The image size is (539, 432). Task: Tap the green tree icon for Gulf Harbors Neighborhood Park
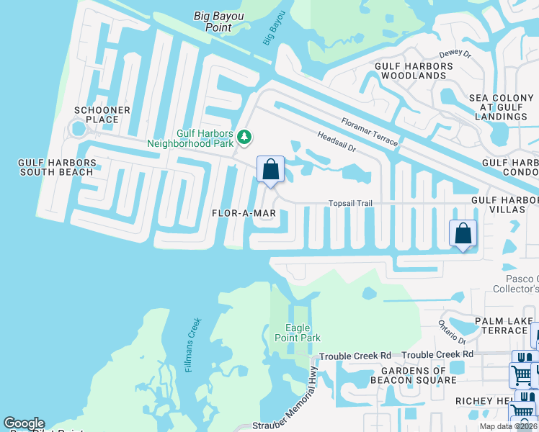[244, 136]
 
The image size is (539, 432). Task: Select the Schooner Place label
[102, 115]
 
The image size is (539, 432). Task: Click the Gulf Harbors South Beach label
[56, 168]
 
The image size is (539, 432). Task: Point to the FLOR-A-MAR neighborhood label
[244, 214]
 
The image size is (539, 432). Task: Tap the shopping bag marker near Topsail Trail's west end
[270, 171]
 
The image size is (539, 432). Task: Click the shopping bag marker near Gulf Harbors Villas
[463, 234]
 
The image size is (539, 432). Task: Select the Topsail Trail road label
[350, 204]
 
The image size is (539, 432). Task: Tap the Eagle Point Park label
[298, 333]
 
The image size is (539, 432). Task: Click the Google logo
[24, 423]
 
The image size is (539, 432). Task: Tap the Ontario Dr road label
[453, 333]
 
